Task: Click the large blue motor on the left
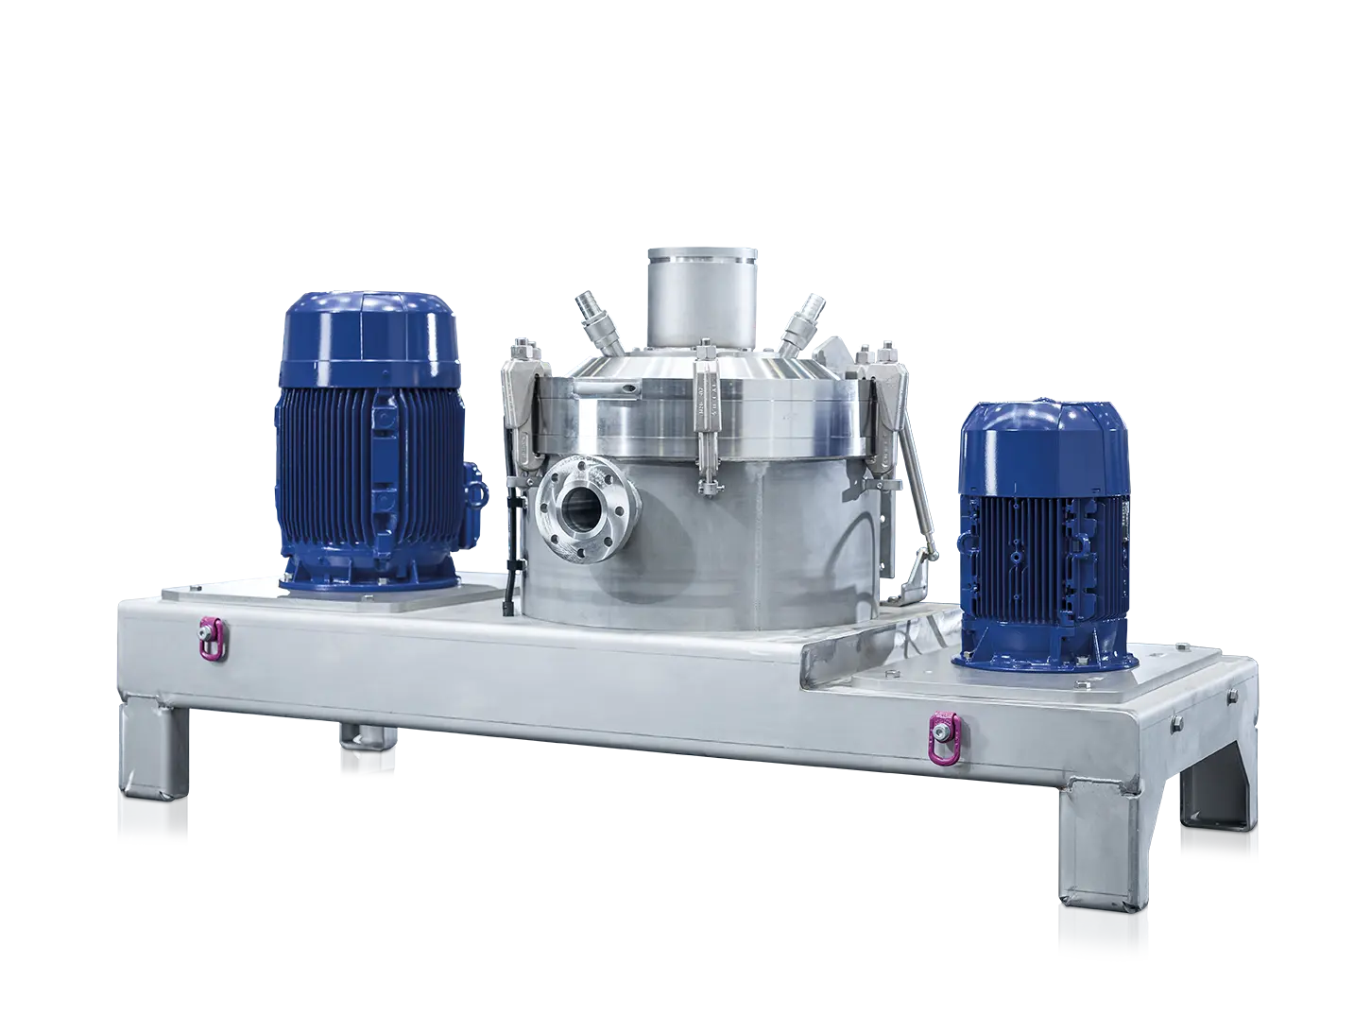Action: coord(368,444)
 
